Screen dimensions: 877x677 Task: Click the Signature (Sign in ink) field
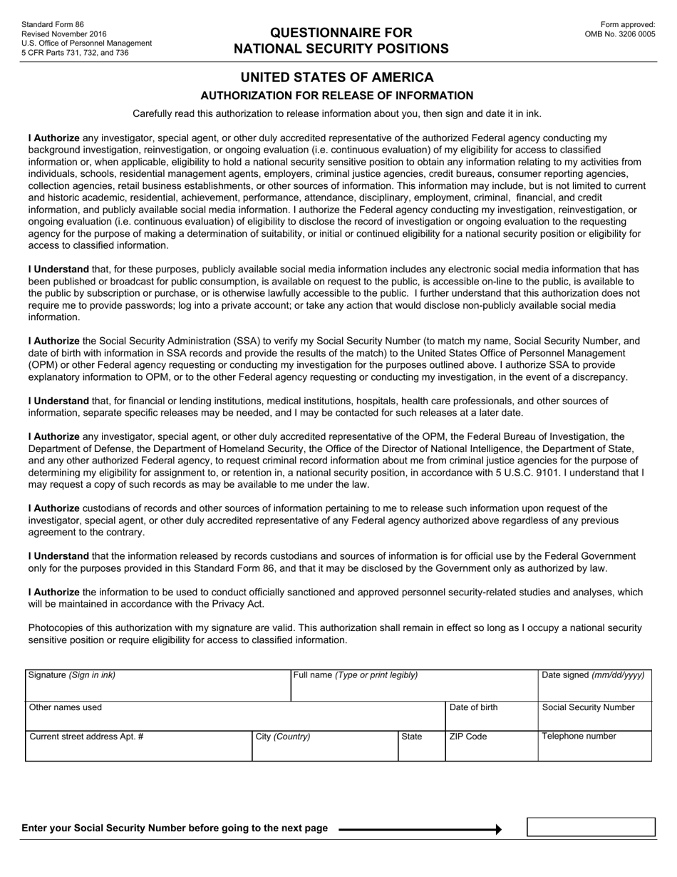coord(157,689)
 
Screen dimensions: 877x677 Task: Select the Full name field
coord(414,689)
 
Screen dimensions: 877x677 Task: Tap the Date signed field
coord(594,689)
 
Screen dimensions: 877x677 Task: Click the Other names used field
coord(235,719)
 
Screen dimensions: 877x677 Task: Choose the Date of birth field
coord(492,719)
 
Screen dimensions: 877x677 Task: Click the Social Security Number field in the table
coord(594,719)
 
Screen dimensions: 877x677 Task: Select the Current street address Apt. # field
coord(138,749)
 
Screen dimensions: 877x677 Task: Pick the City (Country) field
coord(325,749)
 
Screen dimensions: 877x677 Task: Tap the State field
coord(421,749)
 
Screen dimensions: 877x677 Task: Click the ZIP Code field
coord(492,749)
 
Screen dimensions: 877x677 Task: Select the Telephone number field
coord(594,749)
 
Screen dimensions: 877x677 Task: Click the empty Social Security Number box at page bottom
coord(591,827)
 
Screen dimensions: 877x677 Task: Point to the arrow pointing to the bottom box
coord(420,829)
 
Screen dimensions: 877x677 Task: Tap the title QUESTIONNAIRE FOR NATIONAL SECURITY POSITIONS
coord(341,41)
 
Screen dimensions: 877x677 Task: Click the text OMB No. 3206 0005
coord(620,34)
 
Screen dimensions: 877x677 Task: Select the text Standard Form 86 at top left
coord(53,24)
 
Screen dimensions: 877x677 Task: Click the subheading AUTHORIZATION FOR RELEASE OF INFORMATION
coord(336,96)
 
